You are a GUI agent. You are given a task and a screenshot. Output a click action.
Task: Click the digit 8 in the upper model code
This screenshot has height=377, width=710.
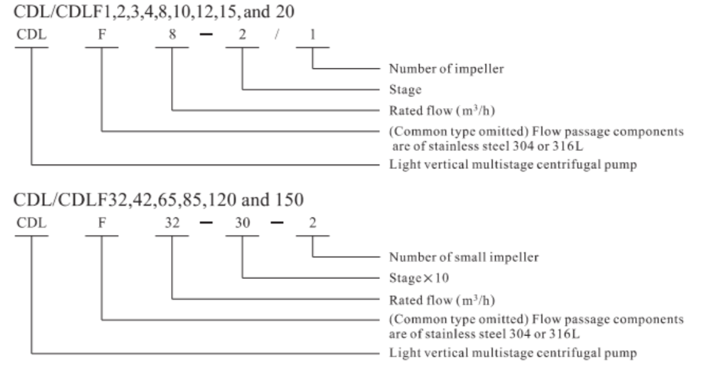172,35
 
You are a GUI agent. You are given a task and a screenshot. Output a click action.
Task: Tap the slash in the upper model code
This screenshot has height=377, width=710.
277,35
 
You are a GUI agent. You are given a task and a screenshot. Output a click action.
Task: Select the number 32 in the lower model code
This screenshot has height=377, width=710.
172,222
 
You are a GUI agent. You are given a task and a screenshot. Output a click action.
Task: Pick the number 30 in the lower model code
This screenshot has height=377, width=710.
242,222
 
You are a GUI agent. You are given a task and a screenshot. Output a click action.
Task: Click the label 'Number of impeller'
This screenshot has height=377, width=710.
447,68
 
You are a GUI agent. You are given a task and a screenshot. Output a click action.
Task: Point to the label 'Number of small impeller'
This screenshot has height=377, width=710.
463,257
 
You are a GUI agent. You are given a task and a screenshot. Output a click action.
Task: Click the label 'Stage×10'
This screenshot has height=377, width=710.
419,278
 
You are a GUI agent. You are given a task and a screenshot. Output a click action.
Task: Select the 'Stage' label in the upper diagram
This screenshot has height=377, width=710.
405,90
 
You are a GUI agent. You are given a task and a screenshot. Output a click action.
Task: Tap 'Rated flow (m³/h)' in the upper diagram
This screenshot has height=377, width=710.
442,111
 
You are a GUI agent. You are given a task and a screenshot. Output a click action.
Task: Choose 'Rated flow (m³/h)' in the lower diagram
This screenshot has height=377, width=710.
442,300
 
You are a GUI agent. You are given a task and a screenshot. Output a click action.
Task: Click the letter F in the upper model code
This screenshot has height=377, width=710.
102,35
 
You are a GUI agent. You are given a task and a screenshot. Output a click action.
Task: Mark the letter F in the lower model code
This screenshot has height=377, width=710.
102,222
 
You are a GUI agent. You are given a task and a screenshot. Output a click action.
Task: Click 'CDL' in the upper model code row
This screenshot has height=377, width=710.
31,35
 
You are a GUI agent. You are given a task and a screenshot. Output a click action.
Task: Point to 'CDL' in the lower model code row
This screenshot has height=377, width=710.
31,222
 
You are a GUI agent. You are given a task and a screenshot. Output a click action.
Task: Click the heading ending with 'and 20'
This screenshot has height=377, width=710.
154,12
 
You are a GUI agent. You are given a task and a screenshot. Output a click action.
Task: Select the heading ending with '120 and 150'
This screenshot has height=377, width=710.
158,200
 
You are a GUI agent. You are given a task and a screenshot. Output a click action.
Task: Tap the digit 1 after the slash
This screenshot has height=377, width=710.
313,35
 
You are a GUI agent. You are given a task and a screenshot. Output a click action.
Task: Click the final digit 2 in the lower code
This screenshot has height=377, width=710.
313,222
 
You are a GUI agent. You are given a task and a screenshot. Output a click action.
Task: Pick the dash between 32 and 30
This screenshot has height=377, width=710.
206,222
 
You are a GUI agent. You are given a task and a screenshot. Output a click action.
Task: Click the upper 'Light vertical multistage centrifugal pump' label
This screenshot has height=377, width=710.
513,165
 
